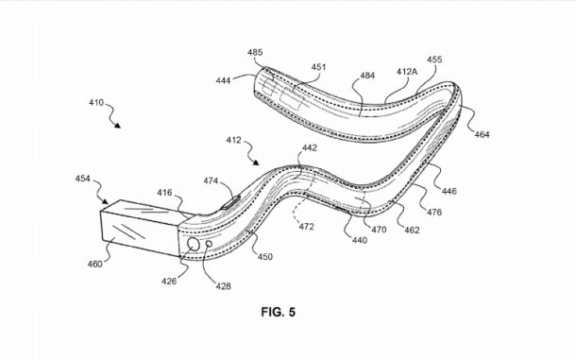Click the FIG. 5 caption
(277, 309)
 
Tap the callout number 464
(482, 135)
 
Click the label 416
(164, 193)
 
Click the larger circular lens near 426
(195, 245)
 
